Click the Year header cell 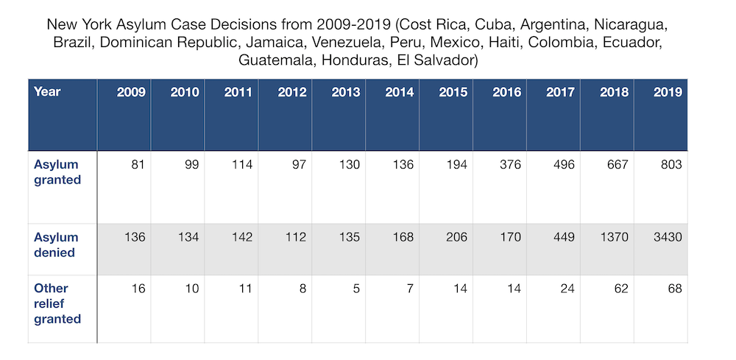pos(47,92)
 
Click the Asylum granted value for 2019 pos(670,164)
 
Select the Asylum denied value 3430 pos(666,237)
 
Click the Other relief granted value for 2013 pos(355,289)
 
